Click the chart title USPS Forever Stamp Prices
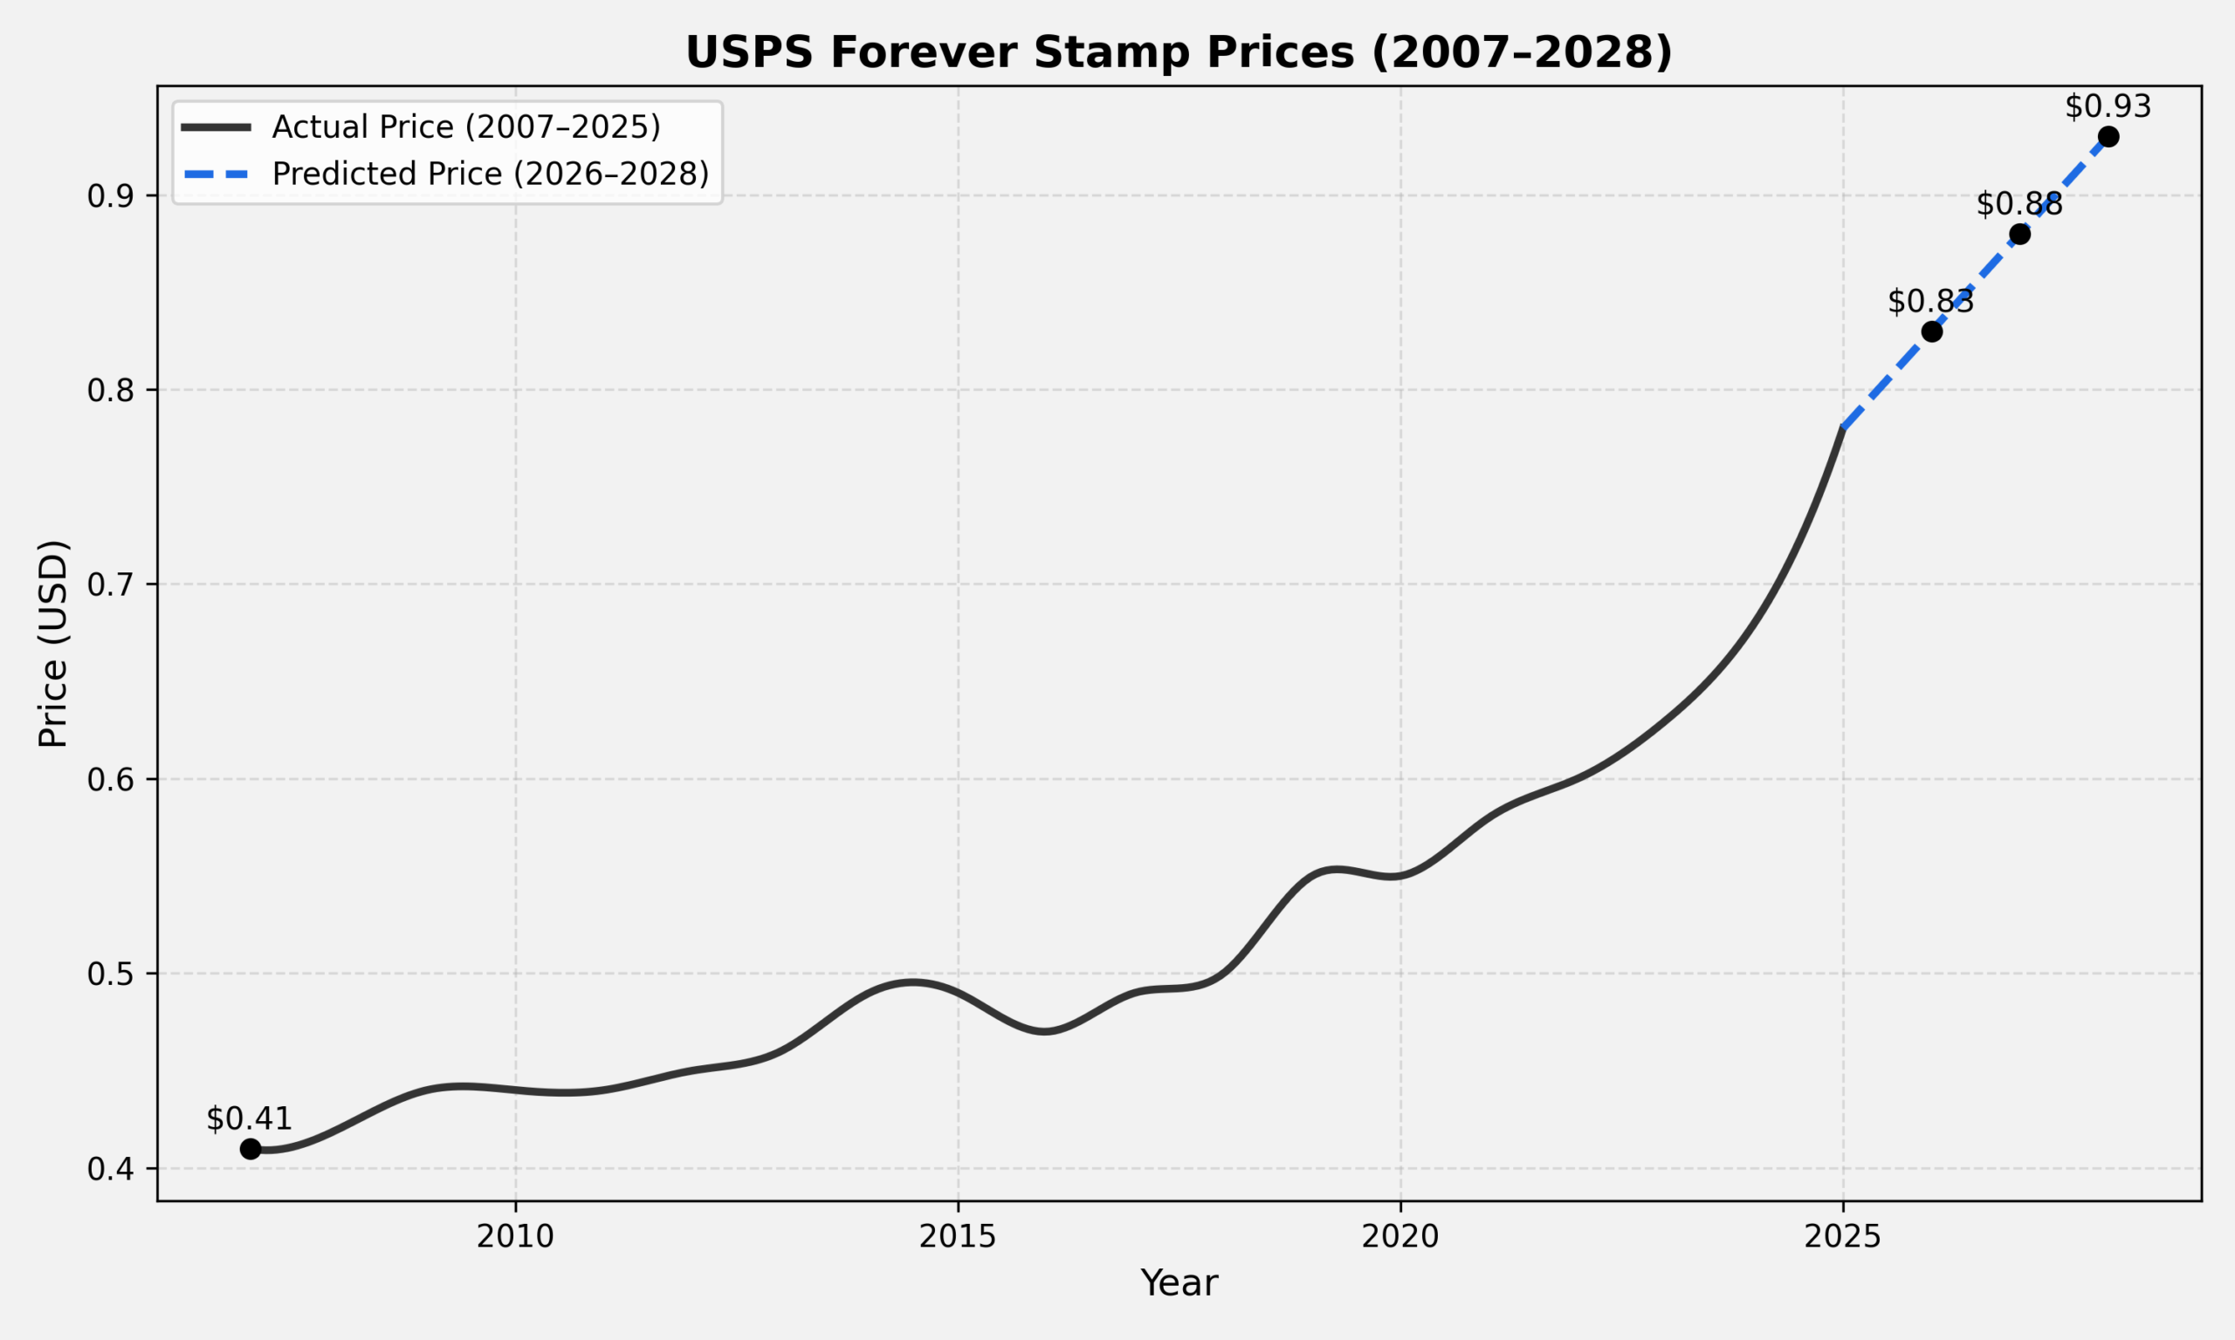[x=1179, y=52]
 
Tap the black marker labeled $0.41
[x=251, y=1149]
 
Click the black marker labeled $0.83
[x=1931, y=332]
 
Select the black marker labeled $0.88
[x=2020, y=235]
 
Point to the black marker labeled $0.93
[x=2108, y=137]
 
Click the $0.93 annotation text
[x=2108, y=106]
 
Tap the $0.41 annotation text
[x=250, y=1118]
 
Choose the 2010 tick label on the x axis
[x=515, y=1237]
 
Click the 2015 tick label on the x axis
[x=958, y=1237]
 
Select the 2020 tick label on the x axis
[x=1400, y=1237]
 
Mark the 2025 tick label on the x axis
[x=1843, y=1237]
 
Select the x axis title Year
[x=1179, y=1283]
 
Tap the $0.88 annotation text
[x=2019, y=205]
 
